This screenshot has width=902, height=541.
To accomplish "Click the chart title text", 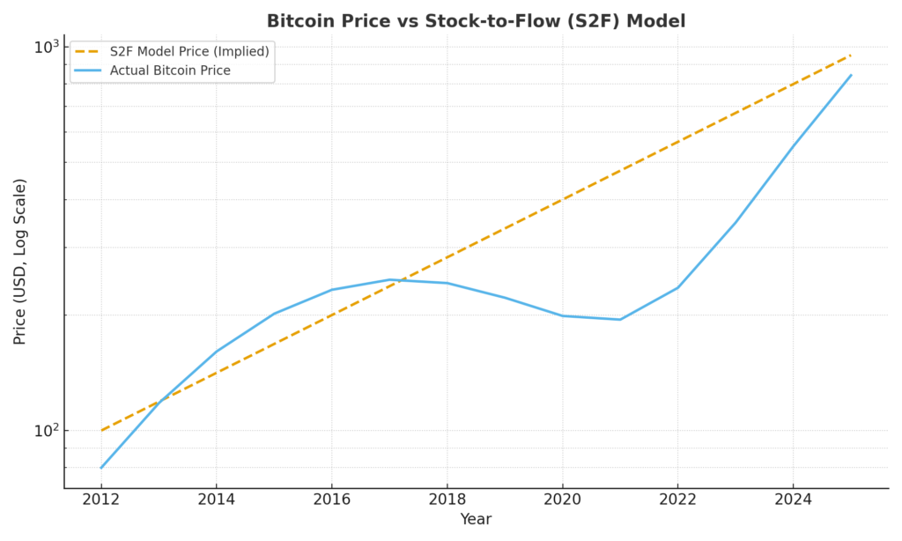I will [476, 21].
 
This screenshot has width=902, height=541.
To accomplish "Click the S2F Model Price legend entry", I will [189, 51].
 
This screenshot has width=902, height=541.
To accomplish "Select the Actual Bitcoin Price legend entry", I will [170, 70].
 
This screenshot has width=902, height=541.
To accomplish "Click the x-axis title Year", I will [476, 520].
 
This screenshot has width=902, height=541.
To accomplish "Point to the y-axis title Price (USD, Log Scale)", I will [20, 261].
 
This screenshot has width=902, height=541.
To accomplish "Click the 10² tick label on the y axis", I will [46, 430].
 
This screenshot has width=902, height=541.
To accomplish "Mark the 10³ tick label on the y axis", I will [46, 46].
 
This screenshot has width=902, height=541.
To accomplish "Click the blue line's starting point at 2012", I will [101, 467].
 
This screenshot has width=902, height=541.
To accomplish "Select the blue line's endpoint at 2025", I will [851, 75].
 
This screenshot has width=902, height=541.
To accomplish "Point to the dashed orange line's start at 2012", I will [101, 430].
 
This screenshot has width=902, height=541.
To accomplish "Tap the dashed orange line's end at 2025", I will [851, 56].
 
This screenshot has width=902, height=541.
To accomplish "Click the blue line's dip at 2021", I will [620, 320].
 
